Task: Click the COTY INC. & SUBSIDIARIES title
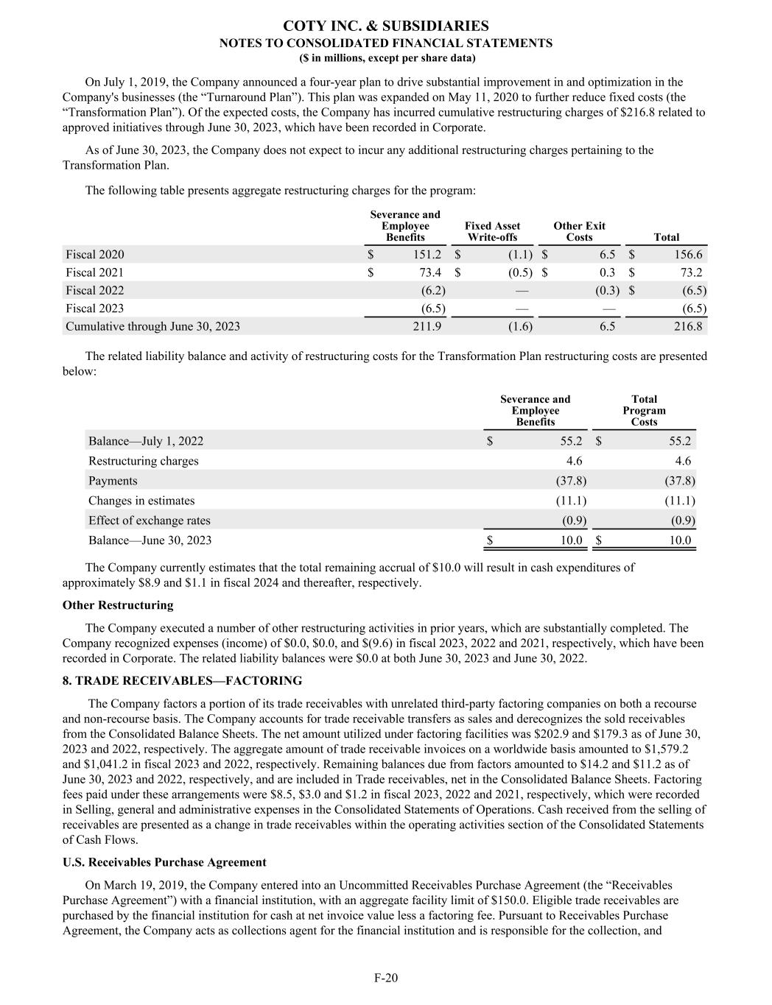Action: tap(386, 27)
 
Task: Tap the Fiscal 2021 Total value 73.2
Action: tap(688, 272)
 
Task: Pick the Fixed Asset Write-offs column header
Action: tap(492, 231)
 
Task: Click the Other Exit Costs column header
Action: tap(579, 231)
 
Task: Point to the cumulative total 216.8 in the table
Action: tap(688, 326)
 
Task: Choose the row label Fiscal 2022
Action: tap(95, 290)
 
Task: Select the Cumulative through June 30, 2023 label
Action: tap(152, 326)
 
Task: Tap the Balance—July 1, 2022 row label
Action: tap(146, 441)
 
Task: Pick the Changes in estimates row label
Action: tap(141, 501)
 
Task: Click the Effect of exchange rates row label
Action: tap(149, 521)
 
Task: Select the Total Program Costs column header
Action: tap(644, 410)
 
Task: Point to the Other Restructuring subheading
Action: tap(118, 605)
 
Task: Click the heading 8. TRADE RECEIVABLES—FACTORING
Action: tap(182, 680)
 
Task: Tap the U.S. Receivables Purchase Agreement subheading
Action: tap(164, 862)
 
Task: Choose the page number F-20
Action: tap(386, 978)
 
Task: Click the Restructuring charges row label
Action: tap(144, 461)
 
